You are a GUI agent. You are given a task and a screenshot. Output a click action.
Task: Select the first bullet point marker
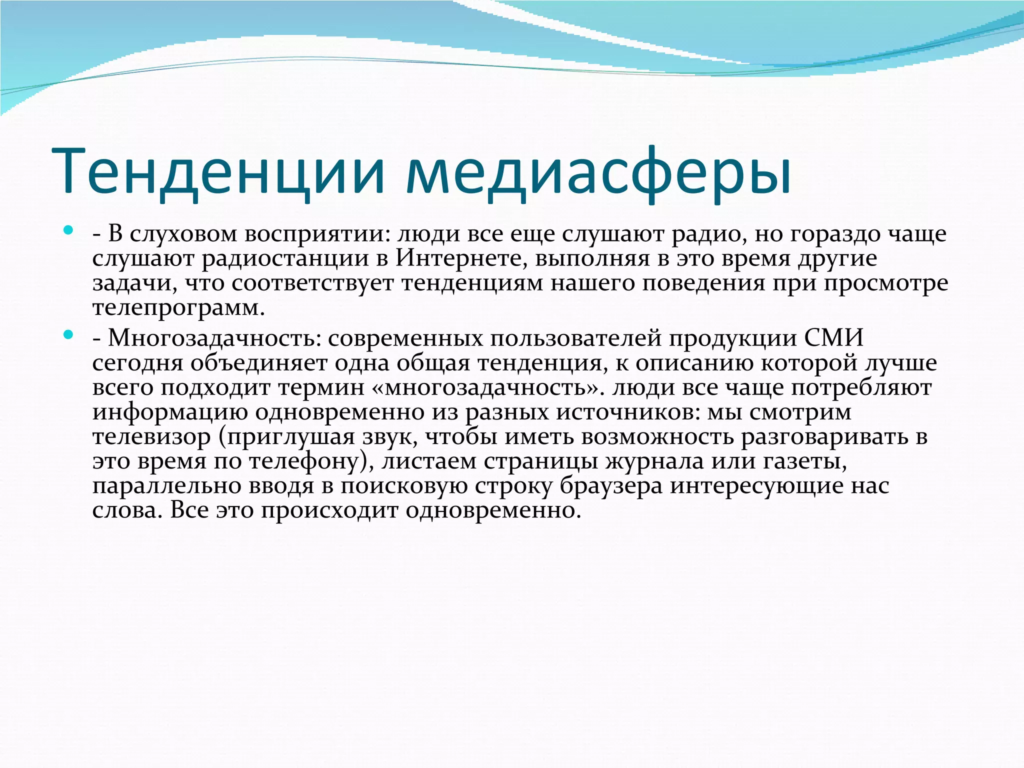pyautogui.click(x=68, y=231)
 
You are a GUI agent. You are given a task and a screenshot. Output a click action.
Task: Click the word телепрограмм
pyautogui.click(x=178, y=308)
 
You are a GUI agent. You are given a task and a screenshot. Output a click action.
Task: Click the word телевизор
pyautogui.click(x=152, y=436)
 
